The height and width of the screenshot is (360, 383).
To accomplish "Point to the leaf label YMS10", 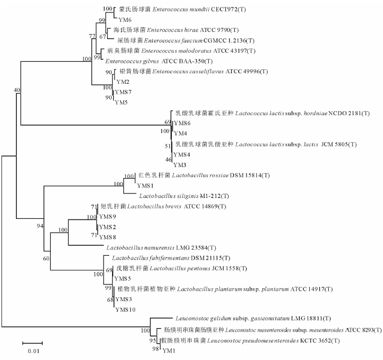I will (x=126, y=309).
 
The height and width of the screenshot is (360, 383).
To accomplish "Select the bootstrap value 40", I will (x=17, y=90).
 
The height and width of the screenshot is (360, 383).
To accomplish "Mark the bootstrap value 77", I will (x=92, y=36).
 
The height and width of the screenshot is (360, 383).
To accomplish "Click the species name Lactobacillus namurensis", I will (x=137, y=247).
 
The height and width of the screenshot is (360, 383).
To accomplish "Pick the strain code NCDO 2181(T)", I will (x=332, y=113).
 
